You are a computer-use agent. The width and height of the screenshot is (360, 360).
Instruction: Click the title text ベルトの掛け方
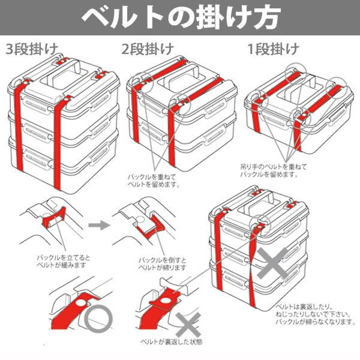pyautogui.click(x=180, y=17)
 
